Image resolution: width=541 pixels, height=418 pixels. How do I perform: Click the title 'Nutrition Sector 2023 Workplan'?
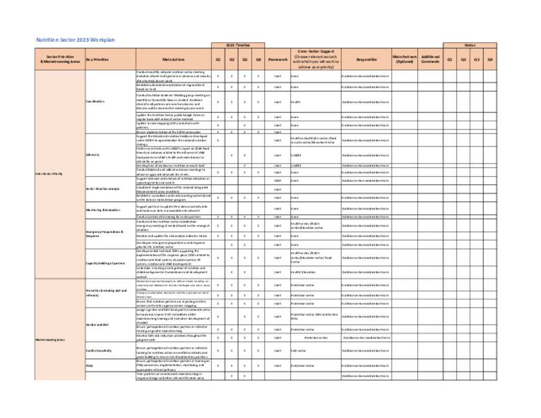tap(75, 40)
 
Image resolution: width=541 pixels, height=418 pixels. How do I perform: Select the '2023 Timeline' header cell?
tap(238, 45)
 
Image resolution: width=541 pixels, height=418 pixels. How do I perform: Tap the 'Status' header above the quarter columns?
tap(470, 45)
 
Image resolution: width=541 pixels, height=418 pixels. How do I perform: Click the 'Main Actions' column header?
tap(173, 60)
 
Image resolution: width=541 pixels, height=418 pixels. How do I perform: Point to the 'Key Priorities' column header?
tap(97, 60)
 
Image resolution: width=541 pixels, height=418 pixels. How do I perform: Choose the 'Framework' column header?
tap(277, 60)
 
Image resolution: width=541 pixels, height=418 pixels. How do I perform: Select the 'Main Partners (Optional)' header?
tap(405, 60)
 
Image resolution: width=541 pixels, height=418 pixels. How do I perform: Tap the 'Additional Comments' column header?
tap(430, 60)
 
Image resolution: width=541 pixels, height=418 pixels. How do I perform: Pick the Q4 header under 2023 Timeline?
tap(258, 60)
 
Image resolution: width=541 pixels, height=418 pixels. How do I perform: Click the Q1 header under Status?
tap(450, 60)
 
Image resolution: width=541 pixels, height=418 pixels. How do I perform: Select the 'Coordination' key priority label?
tap(96, 101)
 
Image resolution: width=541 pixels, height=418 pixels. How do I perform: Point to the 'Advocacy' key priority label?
tap(92, 155)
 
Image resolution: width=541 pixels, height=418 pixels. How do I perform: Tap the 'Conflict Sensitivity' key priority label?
tap(99, 350)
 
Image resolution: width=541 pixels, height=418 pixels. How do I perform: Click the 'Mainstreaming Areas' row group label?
tap(50, 339)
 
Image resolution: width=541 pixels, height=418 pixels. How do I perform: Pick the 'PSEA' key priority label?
tap(89, 366)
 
